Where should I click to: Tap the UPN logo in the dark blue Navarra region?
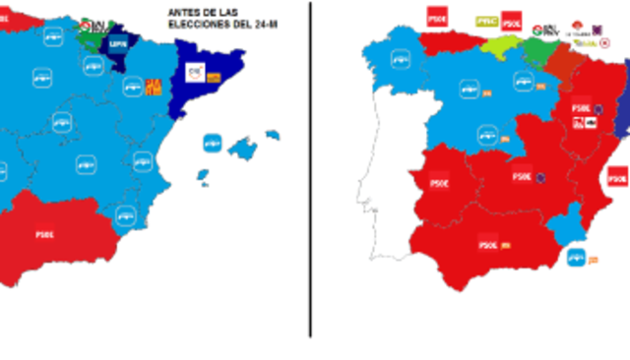118,43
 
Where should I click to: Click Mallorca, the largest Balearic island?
242,149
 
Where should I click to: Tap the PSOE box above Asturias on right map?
436,17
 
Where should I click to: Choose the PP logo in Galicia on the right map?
401,59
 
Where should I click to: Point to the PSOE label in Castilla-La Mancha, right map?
522,177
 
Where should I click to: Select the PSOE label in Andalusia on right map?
487,243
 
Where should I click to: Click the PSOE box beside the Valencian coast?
617,177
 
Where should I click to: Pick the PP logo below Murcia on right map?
576,258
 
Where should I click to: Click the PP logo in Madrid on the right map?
487,135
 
